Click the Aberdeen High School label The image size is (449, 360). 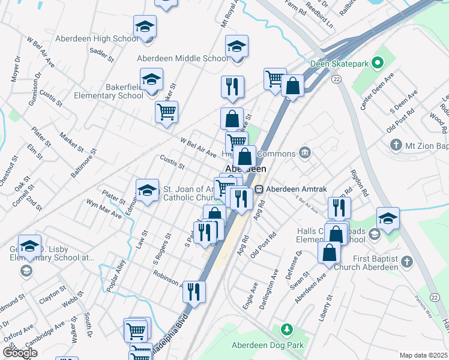click(97, 39)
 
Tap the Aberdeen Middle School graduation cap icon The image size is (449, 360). click(237, 47)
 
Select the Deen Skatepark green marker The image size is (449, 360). click(378, 62)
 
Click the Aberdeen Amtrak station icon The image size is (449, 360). click(259, 189)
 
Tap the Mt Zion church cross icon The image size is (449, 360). click(396, 145)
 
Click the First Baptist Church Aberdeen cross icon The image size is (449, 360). click(407, 261)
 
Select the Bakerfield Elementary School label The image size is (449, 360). click(109, 91)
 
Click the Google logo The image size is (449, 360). click(20, 353)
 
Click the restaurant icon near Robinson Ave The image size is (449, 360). click(194, 292)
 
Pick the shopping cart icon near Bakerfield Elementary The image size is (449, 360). click(166, 111)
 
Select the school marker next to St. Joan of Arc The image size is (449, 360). click(147, 190)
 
